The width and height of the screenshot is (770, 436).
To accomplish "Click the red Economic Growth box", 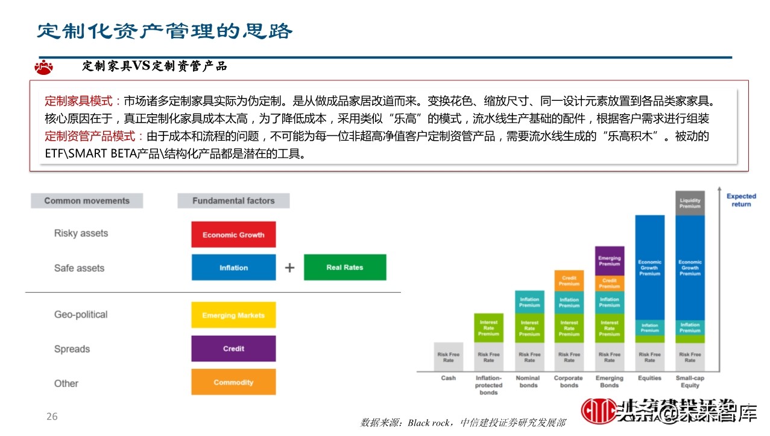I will (233, 234).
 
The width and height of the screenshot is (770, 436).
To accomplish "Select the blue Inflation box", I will (233, 268).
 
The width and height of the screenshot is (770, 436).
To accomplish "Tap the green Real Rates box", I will (345, 267).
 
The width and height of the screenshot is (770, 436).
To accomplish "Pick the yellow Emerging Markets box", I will (233, 315).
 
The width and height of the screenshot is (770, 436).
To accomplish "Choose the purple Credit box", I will (233, 348).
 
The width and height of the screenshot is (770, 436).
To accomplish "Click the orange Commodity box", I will (233, 382).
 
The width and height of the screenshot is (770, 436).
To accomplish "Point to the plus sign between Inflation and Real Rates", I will (290, 268).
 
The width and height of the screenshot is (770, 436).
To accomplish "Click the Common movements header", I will (87, 200).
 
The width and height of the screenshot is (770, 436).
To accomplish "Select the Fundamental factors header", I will (233, 200).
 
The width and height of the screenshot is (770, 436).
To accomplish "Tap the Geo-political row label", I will (81, 315).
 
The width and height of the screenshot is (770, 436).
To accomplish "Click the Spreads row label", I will (72, 349).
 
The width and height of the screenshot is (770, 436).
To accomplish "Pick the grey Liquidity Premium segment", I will (690, 203).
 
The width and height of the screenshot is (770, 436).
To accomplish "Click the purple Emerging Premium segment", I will (609, 261).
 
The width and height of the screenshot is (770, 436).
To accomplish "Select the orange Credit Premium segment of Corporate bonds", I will (569, 280).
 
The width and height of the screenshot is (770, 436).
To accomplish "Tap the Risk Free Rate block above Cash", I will (448, 357).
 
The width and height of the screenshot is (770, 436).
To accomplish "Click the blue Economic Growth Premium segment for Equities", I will (649, 267).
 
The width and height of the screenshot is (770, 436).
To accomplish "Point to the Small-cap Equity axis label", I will (690, 382).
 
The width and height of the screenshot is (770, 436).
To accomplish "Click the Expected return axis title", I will (741, 200).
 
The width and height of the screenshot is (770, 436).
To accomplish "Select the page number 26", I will (52, 417).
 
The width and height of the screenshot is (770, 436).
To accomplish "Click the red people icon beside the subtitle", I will (44, 66).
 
